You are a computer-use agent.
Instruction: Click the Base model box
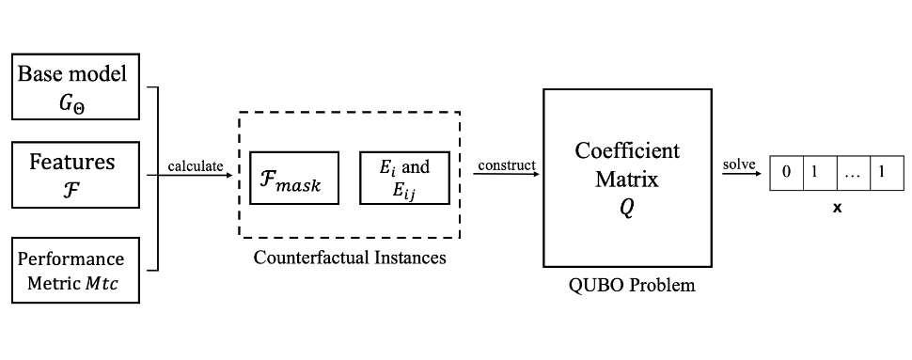[x=75, y=86]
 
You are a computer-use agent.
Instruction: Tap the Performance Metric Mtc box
[x=75, y=271]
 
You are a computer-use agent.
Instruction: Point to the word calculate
[x=196, y=166]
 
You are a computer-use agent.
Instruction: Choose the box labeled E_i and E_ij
[x=404, y=178]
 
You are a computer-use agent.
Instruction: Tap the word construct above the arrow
[x=506, y=165]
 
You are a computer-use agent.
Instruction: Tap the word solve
[x=738, y=166]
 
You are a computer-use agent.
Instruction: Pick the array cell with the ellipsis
[x=852, y=174]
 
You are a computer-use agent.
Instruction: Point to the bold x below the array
[x=836, y=208]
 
